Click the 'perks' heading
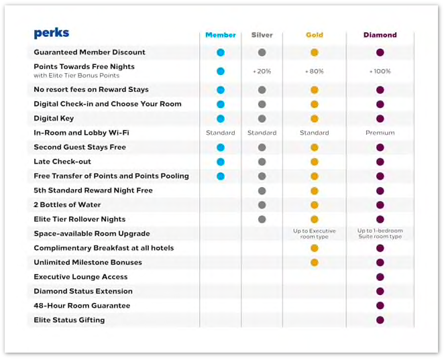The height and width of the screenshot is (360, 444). pyautogui.click(x=51, y=34)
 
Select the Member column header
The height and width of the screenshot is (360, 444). pyautogui.click(x=221, y=35)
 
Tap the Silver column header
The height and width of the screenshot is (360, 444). pyautogui.click(x=262, y=35)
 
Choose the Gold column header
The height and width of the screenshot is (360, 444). pyautogui.click(x=314, y=35)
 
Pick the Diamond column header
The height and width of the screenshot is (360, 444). pyautogui.click(x=380, y=35)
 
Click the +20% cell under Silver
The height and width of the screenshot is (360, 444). pyautogui.click(x=262, y=71)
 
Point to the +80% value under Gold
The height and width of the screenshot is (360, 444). pyautogui.click(x=314, y=71)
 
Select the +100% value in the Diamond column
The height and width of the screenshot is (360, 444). pyautogui.click(x=380, y=71)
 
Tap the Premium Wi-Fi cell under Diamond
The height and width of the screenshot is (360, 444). pyautogui.click(x=380, y=133)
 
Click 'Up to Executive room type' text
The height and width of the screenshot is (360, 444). pyautogui.click(x=314, y=233)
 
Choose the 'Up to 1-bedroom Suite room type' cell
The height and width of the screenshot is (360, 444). pyautogui.click(x=380, y=233)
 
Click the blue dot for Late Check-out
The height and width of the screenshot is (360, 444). pyautogui.click(x=221, y=162)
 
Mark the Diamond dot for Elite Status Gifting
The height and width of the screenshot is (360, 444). pyautogui.click(x=380, y=320)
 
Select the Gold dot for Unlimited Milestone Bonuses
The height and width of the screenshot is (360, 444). pyautogui.click(x=314, y=263)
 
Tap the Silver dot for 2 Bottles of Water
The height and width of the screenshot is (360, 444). pyautogui.click(x=262, y=205)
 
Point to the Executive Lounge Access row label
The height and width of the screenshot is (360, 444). pyautogui.click(x=80, y=277)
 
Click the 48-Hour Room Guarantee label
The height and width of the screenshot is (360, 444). pyautogui.click(x=82, y=306)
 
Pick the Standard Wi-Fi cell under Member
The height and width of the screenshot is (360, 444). pyautogui.click(x=221, y=133)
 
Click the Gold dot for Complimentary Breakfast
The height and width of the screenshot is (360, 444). pyautogui.click(x=314, y=248)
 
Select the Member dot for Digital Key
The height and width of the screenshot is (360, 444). pyautogui.click(x=221, y=119)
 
